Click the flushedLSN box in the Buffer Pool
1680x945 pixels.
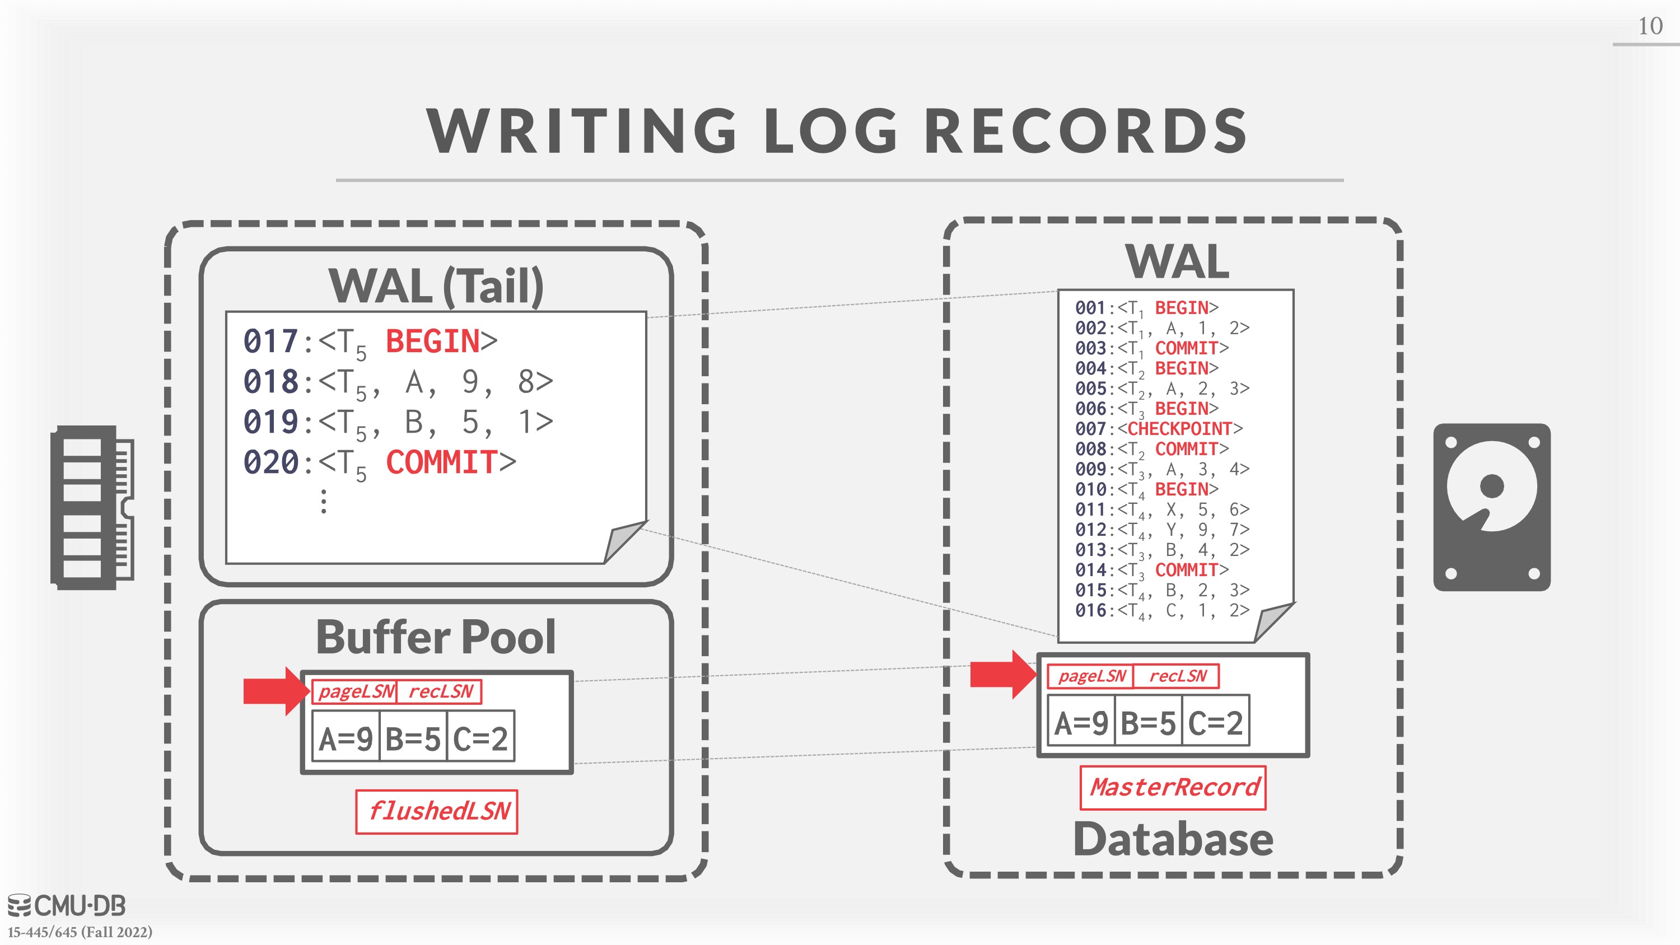(x=436, y=811)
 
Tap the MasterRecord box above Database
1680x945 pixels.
(x=1173, y=787)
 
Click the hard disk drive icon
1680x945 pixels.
(x=1491, y=507)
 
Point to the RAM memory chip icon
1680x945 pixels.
(x=92, y=507)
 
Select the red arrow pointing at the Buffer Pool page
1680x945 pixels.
(x=277, y=691)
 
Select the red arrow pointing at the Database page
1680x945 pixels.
(x=1003, y=675)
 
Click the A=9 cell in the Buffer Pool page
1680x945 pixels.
(x=346, y=738)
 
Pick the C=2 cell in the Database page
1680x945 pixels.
(x=1215, y=722)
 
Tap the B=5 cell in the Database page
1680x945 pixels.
(x=1148, y=722)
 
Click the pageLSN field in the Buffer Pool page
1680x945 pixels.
(x=356, y=691)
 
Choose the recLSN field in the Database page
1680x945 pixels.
(x=1177, y=676)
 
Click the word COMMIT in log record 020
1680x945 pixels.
(x=441, y=462)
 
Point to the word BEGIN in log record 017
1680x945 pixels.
(x=432, y=341)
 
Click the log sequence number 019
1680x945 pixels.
(x=270, y=422)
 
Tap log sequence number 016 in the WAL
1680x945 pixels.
(x=1090, y=610)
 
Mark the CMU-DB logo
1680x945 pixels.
(x=67, y=905)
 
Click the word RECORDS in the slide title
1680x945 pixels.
(x=1086, y=130)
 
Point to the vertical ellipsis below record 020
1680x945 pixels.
(x=324, y=502)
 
